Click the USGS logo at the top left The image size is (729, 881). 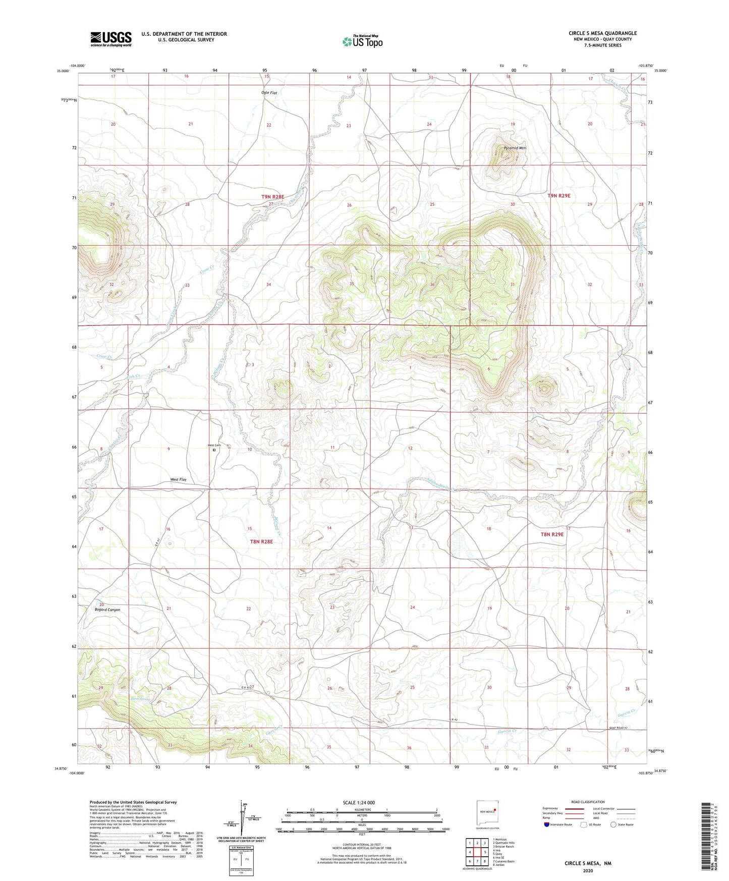(111, 38)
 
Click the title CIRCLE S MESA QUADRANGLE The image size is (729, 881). (602, 33)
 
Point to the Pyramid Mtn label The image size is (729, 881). (515, 148)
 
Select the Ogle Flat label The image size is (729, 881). (269, 93)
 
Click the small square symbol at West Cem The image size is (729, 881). (214, 451)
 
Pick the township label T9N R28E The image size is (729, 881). (272, 196)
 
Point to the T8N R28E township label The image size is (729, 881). (261, 541)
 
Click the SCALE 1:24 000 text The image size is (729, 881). (359, 802)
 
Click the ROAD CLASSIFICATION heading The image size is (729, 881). (588, 802)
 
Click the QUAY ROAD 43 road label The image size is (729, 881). (620, 727)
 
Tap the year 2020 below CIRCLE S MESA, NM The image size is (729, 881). (588, 870)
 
